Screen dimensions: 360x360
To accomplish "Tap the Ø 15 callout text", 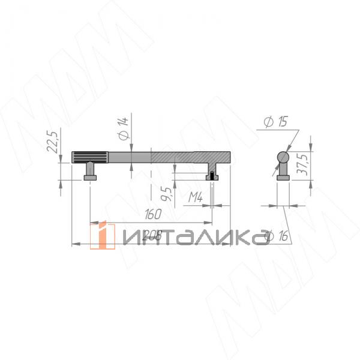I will pos(275,122).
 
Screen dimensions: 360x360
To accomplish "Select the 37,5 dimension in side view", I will pos(304,161).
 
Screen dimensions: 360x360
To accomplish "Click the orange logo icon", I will pos(103,236).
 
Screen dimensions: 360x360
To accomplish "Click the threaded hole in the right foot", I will pos(212,175).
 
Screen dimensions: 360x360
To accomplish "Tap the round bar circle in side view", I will pos(283,158).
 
